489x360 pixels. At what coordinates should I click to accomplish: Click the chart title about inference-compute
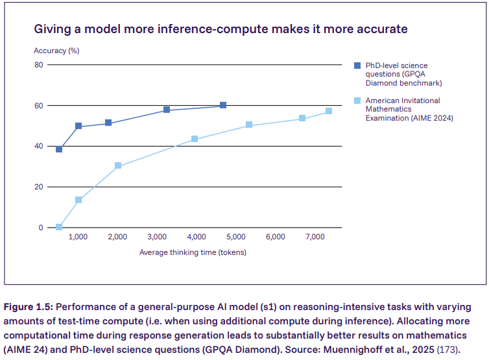click(221, 29)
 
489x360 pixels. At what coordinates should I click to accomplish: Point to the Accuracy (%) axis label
click(56, 51)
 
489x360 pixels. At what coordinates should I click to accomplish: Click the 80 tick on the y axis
click(38, 65)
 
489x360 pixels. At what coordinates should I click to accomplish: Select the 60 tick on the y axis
click(38, 106)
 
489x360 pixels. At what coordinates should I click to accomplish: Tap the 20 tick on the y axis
click(38, 187)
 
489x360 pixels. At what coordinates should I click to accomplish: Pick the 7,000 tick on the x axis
click(315, 237)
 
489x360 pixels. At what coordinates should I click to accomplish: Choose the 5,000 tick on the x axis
click(235, 237)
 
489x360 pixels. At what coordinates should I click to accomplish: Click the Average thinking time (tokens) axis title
click(193, 252)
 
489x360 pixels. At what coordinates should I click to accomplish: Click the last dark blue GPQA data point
click(223, 105)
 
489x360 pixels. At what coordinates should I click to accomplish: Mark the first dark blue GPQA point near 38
click(59, 149)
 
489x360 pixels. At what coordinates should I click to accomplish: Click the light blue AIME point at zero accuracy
click(59, 227)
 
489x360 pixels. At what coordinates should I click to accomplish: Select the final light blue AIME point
click(329, 111)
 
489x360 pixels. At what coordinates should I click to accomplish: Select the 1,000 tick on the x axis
click(78, 237)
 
